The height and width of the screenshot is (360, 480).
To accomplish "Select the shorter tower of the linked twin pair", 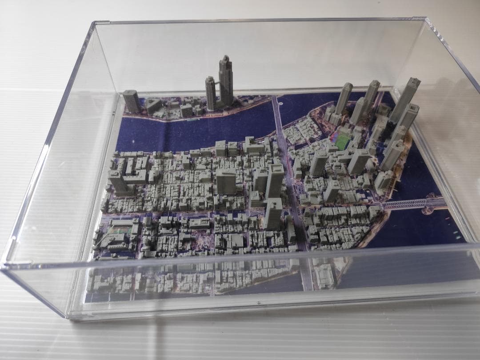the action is coord(210,93).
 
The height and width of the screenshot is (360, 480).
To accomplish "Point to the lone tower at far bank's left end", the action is coord(131,101).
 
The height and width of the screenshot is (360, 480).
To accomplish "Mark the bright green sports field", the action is coord(343,142).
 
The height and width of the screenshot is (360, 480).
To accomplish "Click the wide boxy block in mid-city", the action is coord(226,180).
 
